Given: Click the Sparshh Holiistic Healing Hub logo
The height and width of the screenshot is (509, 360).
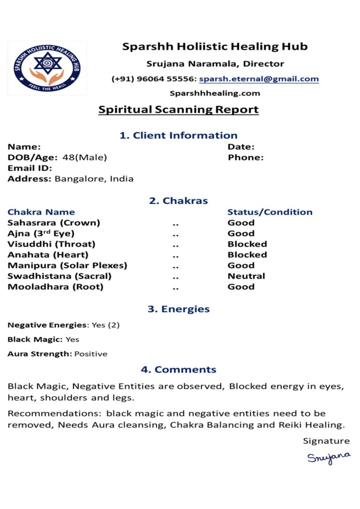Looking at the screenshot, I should (47, 68).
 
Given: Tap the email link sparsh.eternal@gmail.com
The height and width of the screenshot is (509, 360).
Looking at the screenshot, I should (259, 79).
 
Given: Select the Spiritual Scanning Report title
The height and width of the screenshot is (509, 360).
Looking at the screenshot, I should (178, 110).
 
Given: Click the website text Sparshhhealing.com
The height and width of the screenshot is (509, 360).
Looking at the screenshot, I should (215, 93).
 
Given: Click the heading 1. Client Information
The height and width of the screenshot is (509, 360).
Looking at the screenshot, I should (178, 135).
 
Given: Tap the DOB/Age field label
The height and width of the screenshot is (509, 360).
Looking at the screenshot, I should (33, 157).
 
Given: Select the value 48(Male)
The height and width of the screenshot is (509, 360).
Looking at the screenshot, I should (84, 157).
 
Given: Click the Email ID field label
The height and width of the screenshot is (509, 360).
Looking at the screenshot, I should (30, 168).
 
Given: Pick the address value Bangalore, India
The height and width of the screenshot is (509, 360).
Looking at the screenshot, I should (94, 179).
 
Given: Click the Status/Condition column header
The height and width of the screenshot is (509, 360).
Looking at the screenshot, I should (270, 212).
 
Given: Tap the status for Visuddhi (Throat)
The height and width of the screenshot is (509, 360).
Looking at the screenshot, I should (247, 244).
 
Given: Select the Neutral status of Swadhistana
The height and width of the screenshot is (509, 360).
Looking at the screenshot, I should (246, 276).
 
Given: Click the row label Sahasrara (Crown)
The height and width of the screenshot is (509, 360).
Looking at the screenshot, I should (53, 223).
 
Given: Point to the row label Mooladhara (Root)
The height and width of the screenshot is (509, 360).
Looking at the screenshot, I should (55, 287).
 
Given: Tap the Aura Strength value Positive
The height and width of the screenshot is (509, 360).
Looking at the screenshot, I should (90, 354).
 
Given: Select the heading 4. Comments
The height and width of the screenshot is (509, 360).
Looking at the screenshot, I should (178, 369).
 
